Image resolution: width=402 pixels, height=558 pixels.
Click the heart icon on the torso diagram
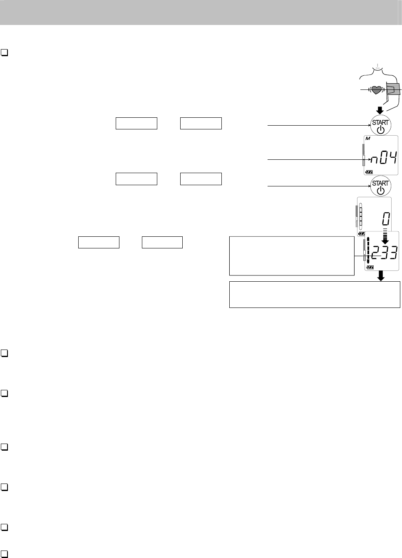[x=376, y=89]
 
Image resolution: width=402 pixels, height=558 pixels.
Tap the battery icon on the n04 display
[x=370, y=171]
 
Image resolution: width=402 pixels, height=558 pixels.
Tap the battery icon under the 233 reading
[x=370, y=267]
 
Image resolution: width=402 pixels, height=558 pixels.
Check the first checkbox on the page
[x=5, y=53]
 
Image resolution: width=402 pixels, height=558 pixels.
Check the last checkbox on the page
[x=5, y=554]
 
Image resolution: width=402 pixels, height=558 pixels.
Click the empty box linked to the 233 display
[x=291, y=256]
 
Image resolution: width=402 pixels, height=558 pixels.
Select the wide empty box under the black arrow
[x=315, y=295]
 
